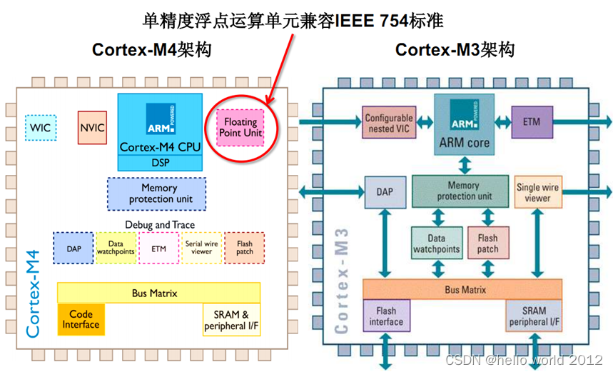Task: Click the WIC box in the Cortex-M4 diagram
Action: click(41, 128)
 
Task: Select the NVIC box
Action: click(92, 128)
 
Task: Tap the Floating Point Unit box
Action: click(240, 127)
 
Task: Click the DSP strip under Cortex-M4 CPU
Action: click(160, 163)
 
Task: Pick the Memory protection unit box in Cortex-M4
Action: click(156, 193)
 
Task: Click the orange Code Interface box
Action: click(81, 319)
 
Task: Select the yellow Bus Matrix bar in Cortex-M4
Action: click(158, 293)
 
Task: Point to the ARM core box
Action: click(465, 123)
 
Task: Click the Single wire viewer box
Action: click(538, 193)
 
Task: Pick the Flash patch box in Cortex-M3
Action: click(488, 243)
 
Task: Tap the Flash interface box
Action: click(385, 316)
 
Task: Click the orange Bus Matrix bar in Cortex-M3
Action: click(465, 290)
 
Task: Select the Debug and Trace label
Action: click(160, 225)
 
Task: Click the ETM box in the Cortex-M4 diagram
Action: click(158, 248)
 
